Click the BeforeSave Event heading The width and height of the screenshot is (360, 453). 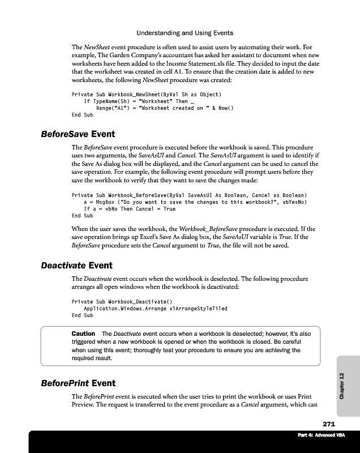point(78,135)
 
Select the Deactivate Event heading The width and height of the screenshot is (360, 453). point(77,265)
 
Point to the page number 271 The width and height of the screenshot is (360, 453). point(329,424)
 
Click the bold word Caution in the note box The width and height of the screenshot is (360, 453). point(83,334)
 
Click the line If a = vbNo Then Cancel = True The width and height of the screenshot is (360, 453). point(130,209)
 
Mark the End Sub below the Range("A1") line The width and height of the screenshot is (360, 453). point(83,114)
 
